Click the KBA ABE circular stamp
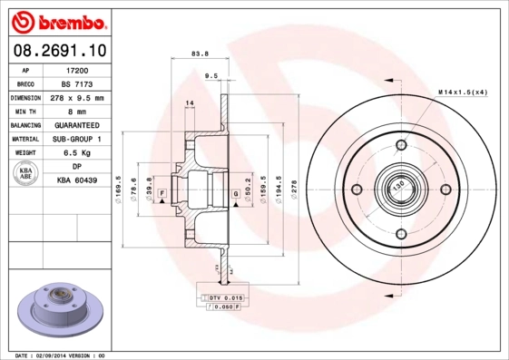[x=24, y=174]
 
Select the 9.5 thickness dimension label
[x=210, y=76]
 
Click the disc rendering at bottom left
[x=55, y=308]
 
